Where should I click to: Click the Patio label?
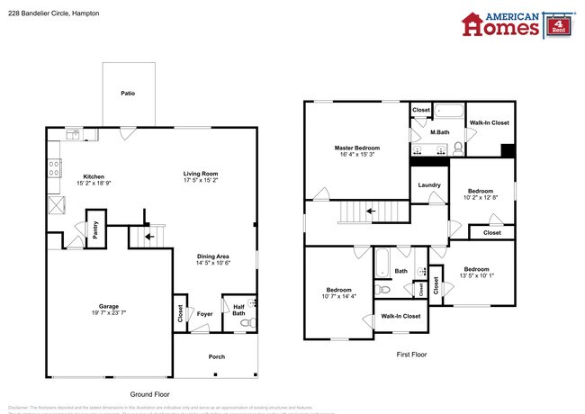pyautogui.click(x=129, y=93)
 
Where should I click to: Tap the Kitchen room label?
pyautogui.click(x=94, y=176)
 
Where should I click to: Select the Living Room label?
pyautogui.click(x=201, y=174)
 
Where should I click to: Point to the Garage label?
pyautogui.click(x=109, y=306)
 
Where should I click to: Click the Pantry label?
pyautogui.click(x=93, y=229)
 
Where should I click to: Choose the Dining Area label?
pyautogui.click(x=213, y=256)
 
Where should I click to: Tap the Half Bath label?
pyautogui.click(x=238, y=310)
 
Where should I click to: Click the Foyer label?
pyautogui.click(x=205, y=314)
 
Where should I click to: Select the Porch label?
pyautogui.click(x=216, y=356)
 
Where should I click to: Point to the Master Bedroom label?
pyautogui.click(x=357, y=148)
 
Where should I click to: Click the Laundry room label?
pyautogui.click(x=429, y=185)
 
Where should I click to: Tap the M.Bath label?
pyautogui.click(x=439, y=132)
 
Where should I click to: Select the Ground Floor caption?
pyautogui.click(x=149, y=394)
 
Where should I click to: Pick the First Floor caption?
pyautogui.click(x=411, y=355)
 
